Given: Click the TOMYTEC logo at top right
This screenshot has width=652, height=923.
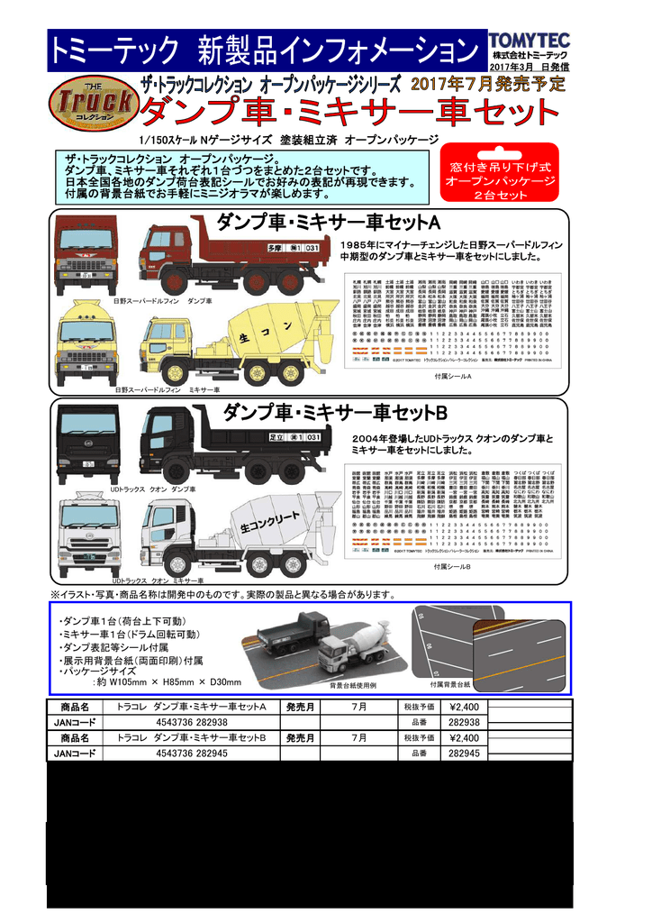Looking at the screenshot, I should pyautogui.click(x=528, y=41).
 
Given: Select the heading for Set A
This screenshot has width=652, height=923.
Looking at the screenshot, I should pyautogui.click(x=327, y=222).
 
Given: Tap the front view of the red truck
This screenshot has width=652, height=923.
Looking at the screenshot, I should pyautogui.click(x=86, y=256).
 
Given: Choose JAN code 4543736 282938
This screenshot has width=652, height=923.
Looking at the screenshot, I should pyautogui.click(x=191, y=722).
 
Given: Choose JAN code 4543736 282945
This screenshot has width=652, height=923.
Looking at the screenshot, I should pyautogui.click(x=191, y=753).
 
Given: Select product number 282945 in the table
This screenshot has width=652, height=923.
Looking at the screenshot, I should pyautogui.click(x=463, y=753).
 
